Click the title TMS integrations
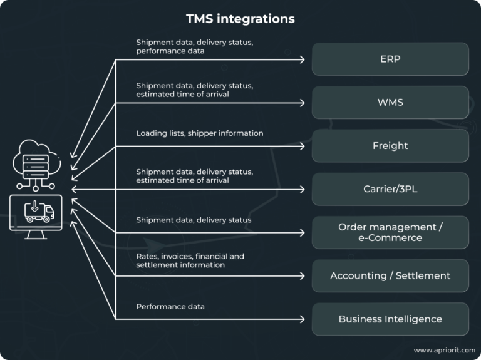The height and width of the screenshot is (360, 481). tap(240, 19)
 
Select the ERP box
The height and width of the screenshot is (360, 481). tap(390, 59)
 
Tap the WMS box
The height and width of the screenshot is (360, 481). tap(390, 103)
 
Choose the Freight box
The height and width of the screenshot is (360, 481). tap(390, 146)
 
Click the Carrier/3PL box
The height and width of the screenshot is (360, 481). tap(390, 189)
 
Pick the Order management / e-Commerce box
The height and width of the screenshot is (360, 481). tap(390, 232)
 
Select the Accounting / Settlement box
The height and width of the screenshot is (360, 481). tap(390, 275)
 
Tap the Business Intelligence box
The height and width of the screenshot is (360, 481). tap(390, 319)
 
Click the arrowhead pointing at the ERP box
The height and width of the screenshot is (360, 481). tap(302, 59)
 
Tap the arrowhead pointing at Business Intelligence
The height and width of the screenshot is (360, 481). tap(302, 319)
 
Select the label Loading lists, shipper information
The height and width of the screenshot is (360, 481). tap(199, 133)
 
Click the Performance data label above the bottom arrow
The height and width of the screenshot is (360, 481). tap(170, 307)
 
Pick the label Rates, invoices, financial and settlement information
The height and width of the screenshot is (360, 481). tap(190, 260)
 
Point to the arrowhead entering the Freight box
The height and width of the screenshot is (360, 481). tap(302, 146)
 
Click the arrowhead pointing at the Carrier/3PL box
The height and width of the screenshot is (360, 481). tap(302, 189)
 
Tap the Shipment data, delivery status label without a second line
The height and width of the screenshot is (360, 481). tap(194, 220)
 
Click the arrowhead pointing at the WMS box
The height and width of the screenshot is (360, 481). tap(302, 103)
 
